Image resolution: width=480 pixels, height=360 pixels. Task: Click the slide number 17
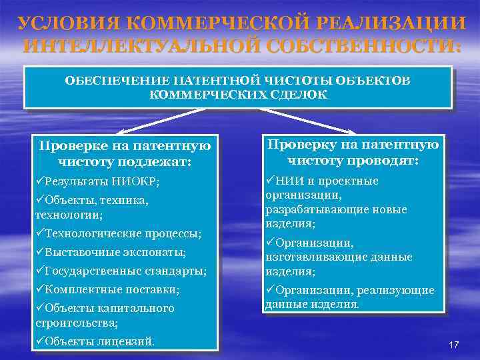point(454,344)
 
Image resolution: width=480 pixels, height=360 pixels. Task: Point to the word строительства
point(76,323)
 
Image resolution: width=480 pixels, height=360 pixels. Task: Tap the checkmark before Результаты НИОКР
point(40,181)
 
